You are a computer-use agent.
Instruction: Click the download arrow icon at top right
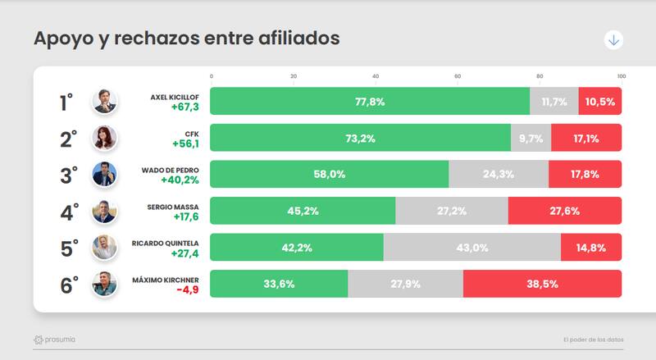click(x=613, y=40)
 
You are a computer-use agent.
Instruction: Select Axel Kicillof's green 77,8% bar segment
click(x=370, y=102)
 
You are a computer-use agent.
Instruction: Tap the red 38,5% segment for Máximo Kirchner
click(x=542, y=284)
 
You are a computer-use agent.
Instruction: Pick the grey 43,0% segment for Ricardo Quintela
click(x=472, y=248)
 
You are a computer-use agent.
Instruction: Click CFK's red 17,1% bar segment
click(x=586, y=139)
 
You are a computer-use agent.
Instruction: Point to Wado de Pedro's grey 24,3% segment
click(x=499, y=175)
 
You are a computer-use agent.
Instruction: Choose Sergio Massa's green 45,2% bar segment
click(x=303, y=211)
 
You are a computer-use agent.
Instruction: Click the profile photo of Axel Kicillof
click(x=105, y=102)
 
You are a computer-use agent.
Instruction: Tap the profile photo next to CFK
click(x=105, y=139)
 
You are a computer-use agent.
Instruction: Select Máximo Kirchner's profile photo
click(x=105, y=285)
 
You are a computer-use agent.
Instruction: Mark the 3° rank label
click(x=69, y=175)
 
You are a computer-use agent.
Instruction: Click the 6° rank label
click(x=69, y=285)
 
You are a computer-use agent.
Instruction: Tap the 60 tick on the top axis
click(x=458, y=76)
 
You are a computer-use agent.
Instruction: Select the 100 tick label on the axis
click(x=622, y=76)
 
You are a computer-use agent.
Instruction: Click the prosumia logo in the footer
click(x=55, y=339)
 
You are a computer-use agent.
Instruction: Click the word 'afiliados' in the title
click(x=293, y=39)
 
